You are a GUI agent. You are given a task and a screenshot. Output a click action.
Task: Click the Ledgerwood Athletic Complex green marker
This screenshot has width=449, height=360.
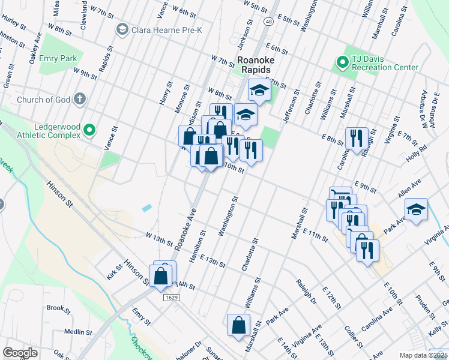click(x=89, y=129)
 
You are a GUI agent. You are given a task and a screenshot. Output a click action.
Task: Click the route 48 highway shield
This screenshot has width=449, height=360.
click(x=268, y=22)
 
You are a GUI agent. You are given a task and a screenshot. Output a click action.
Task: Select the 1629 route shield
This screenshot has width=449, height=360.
click(x=172, y=297)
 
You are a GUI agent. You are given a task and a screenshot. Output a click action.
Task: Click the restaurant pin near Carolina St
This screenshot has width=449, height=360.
click(x=357, y=139)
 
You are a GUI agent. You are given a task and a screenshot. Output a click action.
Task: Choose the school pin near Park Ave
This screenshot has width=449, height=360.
click(x=416, y=209)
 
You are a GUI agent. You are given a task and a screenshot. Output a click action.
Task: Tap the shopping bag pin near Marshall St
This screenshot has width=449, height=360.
click(x=238, y=325)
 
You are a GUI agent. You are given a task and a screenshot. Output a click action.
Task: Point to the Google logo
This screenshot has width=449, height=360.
click(x=20, y=353)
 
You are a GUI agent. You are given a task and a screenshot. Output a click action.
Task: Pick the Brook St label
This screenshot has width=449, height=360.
click(x=59, y=308)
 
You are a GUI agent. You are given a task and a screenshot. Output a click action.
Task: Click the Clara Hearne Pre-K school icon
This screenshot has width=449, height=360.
click(x=122, y=29)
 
